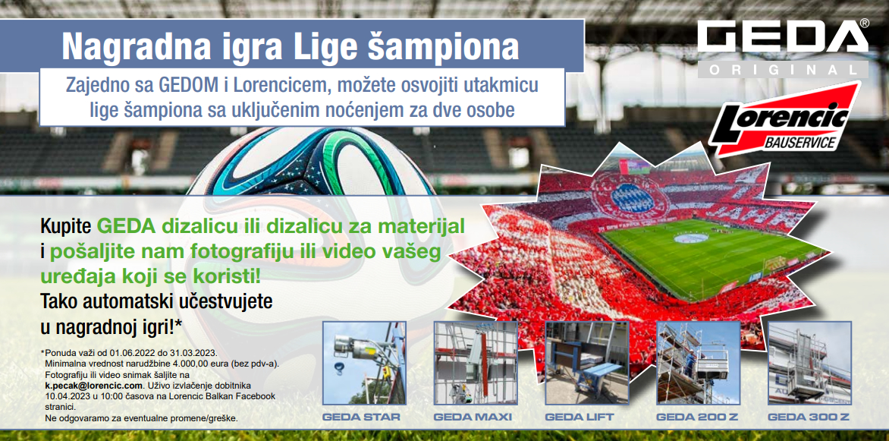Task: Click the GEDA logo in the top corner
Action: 783,49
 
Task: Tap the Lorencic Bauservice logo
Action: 784,119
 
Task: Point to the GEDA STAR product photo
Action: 364,364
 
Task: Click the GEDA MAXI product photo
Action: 476,364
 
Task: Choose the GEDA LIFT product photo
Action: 587,364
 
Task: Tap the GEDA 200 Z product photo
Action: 698,364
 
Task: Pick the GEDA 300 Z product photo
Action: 809,364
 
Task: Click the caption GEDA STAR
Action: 361,417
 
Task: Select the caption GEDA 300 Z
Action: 809,417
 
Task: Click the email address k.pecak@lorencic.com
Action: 93,386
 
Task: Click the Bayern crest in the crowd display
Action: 630,198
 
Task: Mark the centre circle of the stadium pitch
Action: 690,238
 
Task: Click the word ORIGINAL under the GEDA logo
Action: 783,70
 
